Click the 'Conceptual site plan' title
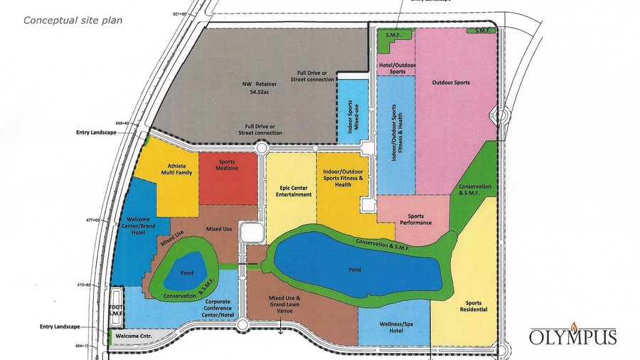coord(73,20)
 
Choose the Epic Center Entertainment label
coord(291,190)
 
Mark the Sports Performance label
coord(415,219)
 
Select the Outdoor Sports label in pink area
coord(451,83)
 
